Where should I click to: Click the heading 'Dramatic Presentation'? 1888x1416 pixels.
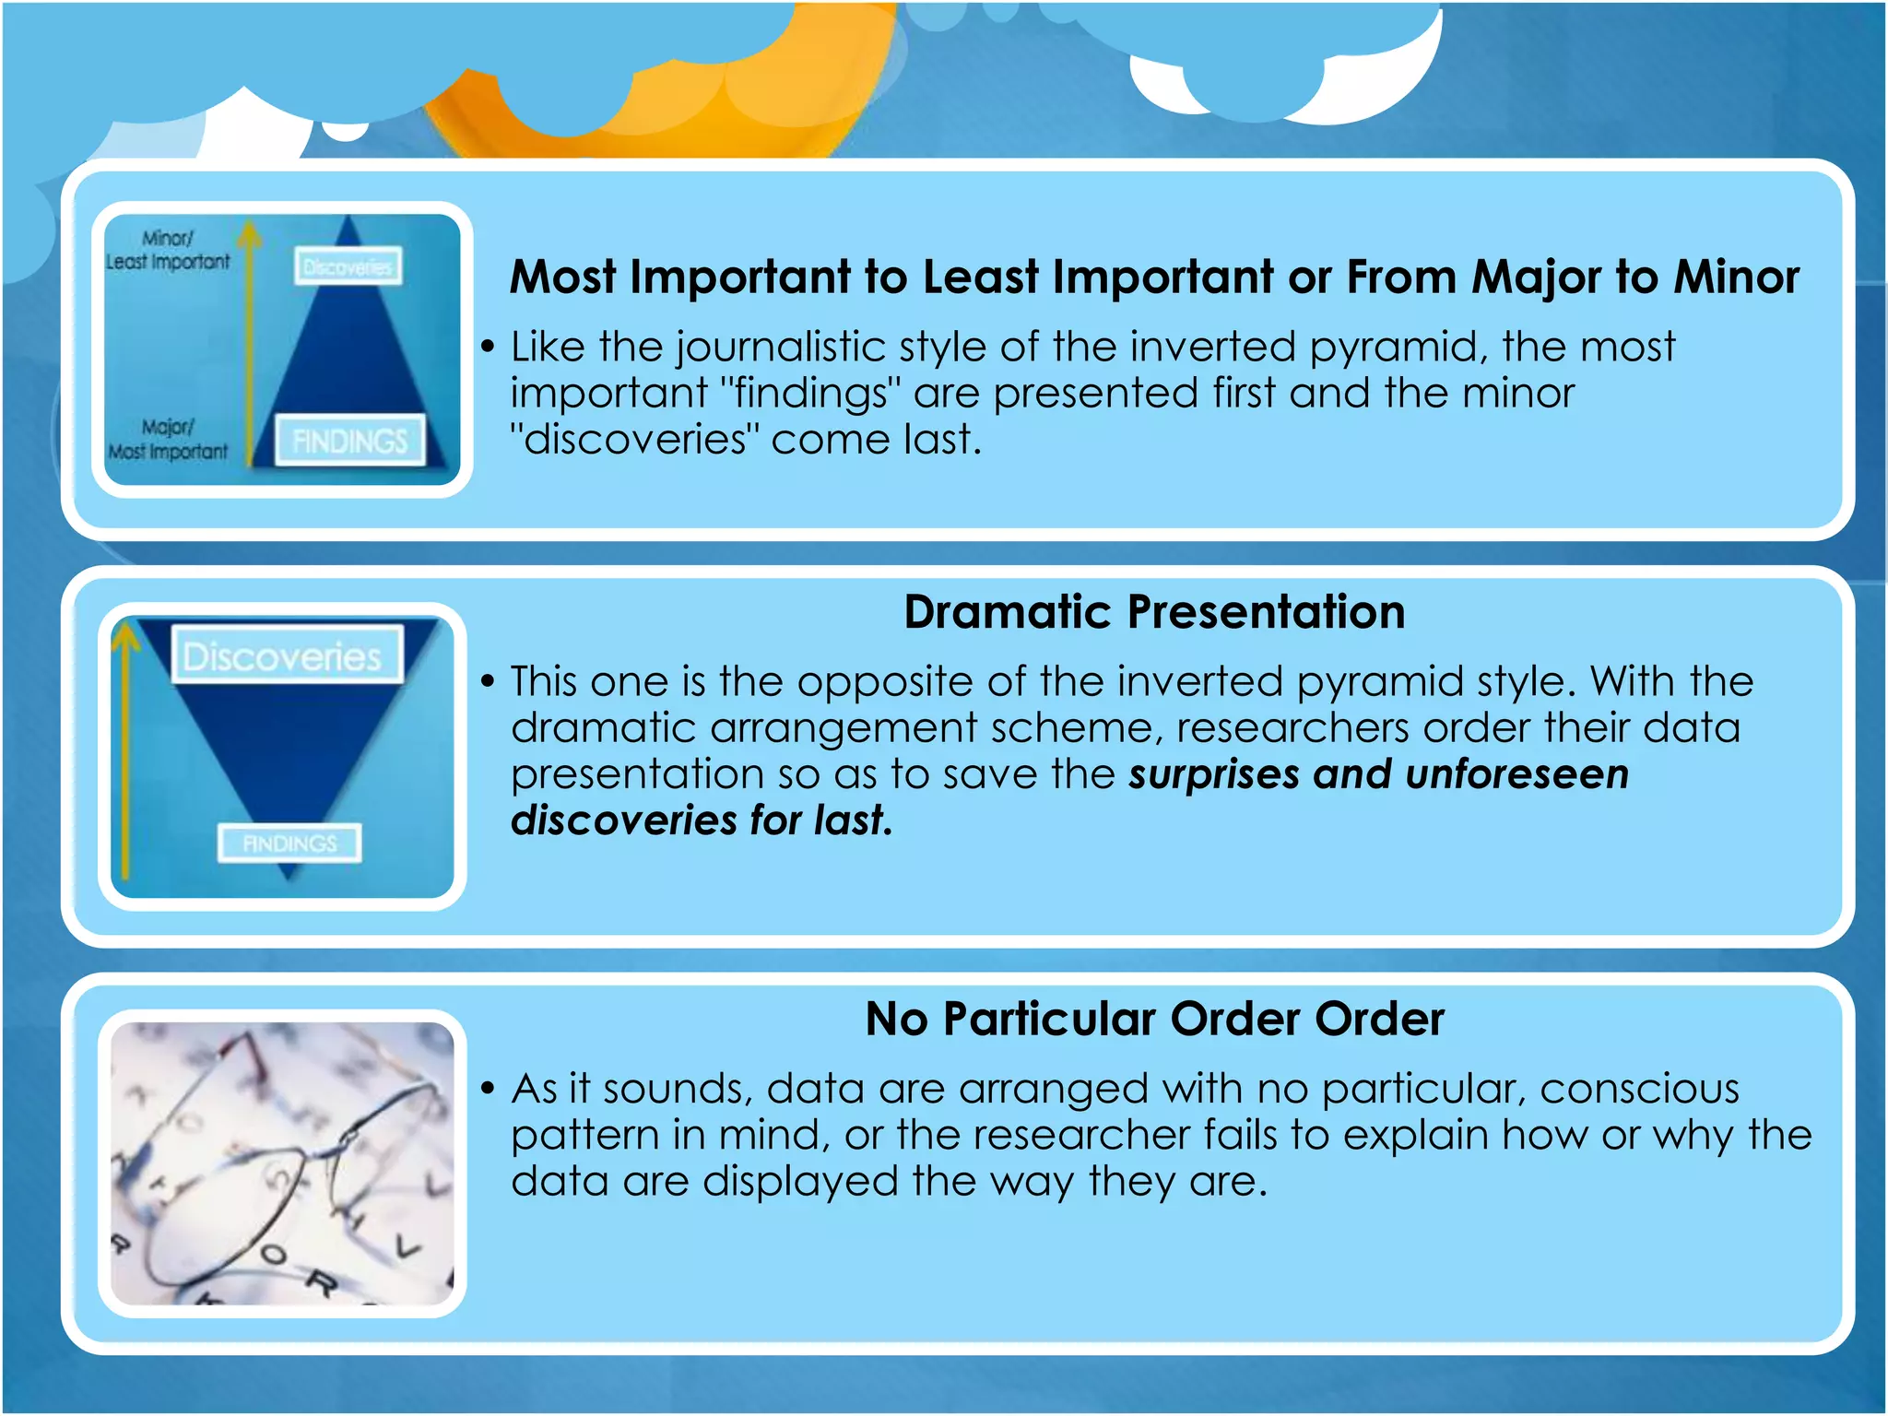(x=1153, y=612)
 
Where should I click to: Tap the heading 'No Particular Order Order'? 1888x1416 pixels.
(x=1154, y=1020)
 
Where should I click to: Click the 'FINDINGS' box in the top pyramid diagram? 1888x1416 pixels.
(x=349, y=441)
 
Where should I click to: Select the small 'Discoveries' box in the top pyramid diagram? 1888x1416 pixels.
(x=348, y=266)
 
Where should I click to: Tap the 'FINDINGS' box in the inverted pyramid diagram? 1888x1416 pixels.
(x=289, y=843)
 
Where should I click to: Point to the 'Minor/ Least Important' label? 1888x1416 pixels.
(x=168, y=251)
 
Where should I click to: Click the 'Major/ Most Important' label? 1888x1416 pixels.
(x=168, y=440)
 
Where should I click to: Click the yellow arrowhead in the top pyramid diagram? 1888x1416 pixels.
(x=249, y=235)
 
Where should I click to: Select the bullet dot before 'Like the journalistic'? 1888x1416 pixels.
(x=489, y=348)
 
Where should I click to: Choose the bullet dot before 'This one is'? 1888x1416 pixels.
(x=489, y=682)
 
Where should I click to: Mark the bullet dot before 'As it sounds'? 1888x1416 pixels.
(x=489, y=1090)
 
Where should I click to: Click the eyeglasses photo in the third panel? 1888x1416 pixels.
(x=282, y=1163)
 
